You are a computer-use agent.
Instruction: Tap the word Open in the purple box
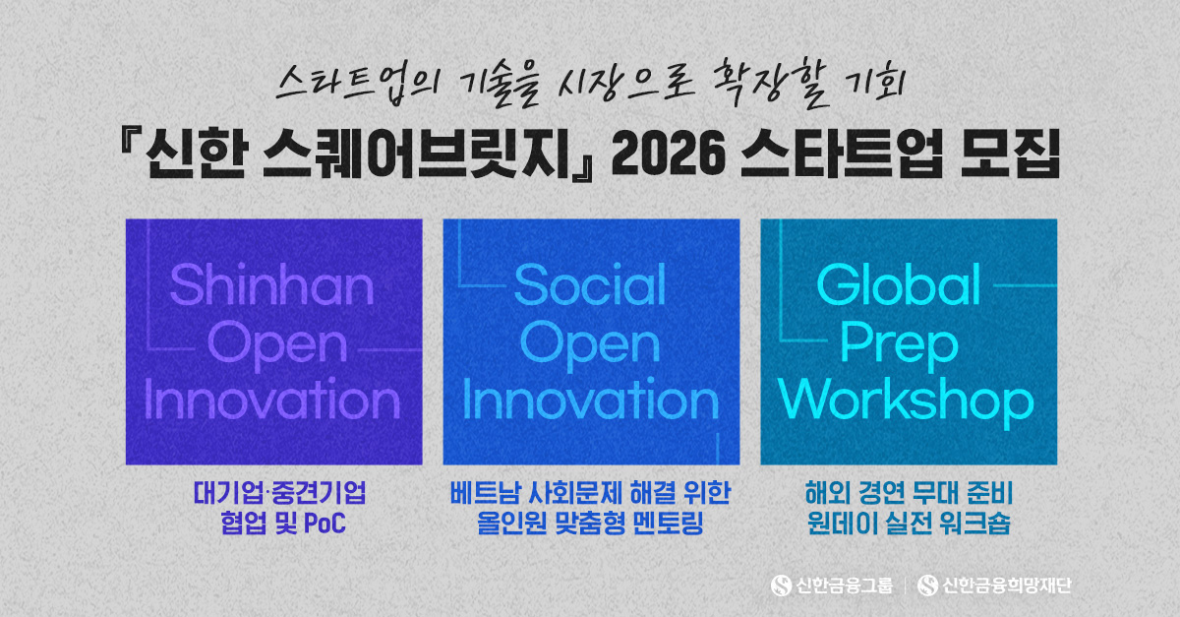[x=272, y=343]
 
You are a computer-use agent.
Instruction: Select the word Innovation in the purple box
[x=272, y=401]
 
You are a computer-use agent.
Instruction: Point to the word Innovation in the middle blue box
[x=590, y=401]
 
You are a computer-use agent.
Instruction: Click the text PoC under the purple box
[x=324, y=523]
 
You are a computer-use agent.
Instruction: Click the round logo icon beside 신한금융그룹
[x=782, y=586]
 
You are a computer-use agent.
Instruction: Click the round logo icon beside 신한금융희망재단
[x=927, y=586]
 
